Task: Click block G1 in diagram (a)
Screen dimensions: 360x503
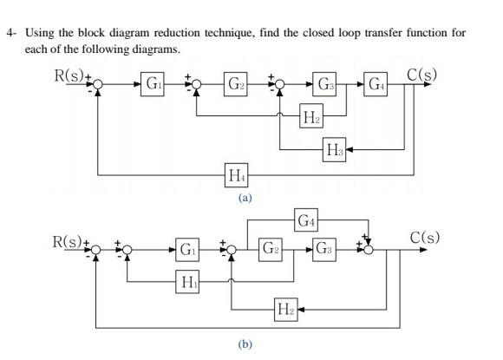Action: point(153,85)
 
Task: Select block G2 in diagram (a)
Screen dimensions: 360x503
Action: point(235,85)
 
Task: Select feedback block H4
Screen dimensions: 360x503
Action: point(235,177)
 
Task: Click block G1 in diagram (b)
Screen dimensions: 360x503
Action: point(187,250)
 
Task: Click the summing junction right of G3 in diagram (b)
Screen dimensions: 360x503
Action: point(369,250)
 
